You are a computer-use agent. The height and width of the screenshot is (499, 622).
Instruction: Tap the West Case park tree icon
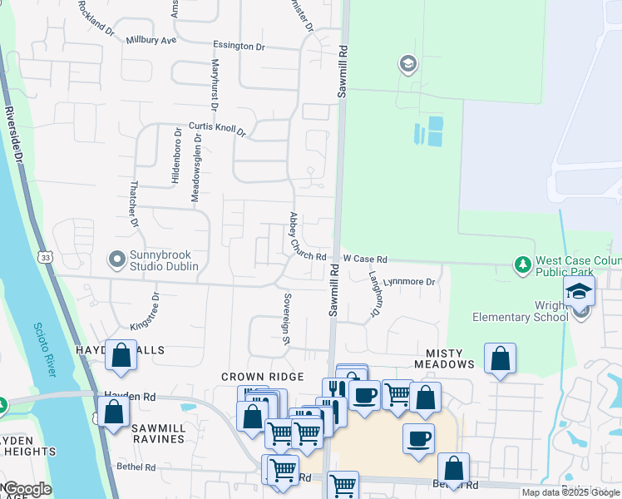523,264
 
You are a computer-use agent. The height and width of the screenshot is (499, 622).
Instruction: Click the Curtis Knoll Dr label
218,129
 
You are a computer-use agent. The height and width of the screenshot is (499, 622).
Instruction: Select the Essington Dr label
239,47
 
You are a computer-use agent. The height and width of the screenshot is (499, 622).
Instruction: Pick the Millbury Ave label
151,40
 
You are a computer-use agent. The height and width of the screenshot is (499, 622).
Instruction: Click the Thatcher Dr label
134,205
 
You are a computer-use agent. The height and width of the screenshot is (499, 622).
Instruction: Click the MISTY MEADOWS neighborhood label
438,364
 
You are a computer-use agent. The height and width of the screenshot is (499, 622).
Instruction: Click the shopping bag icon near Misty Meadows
500,358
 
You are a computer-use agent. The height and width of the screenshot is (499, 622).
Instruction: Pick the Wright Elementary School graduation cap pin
580,291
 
